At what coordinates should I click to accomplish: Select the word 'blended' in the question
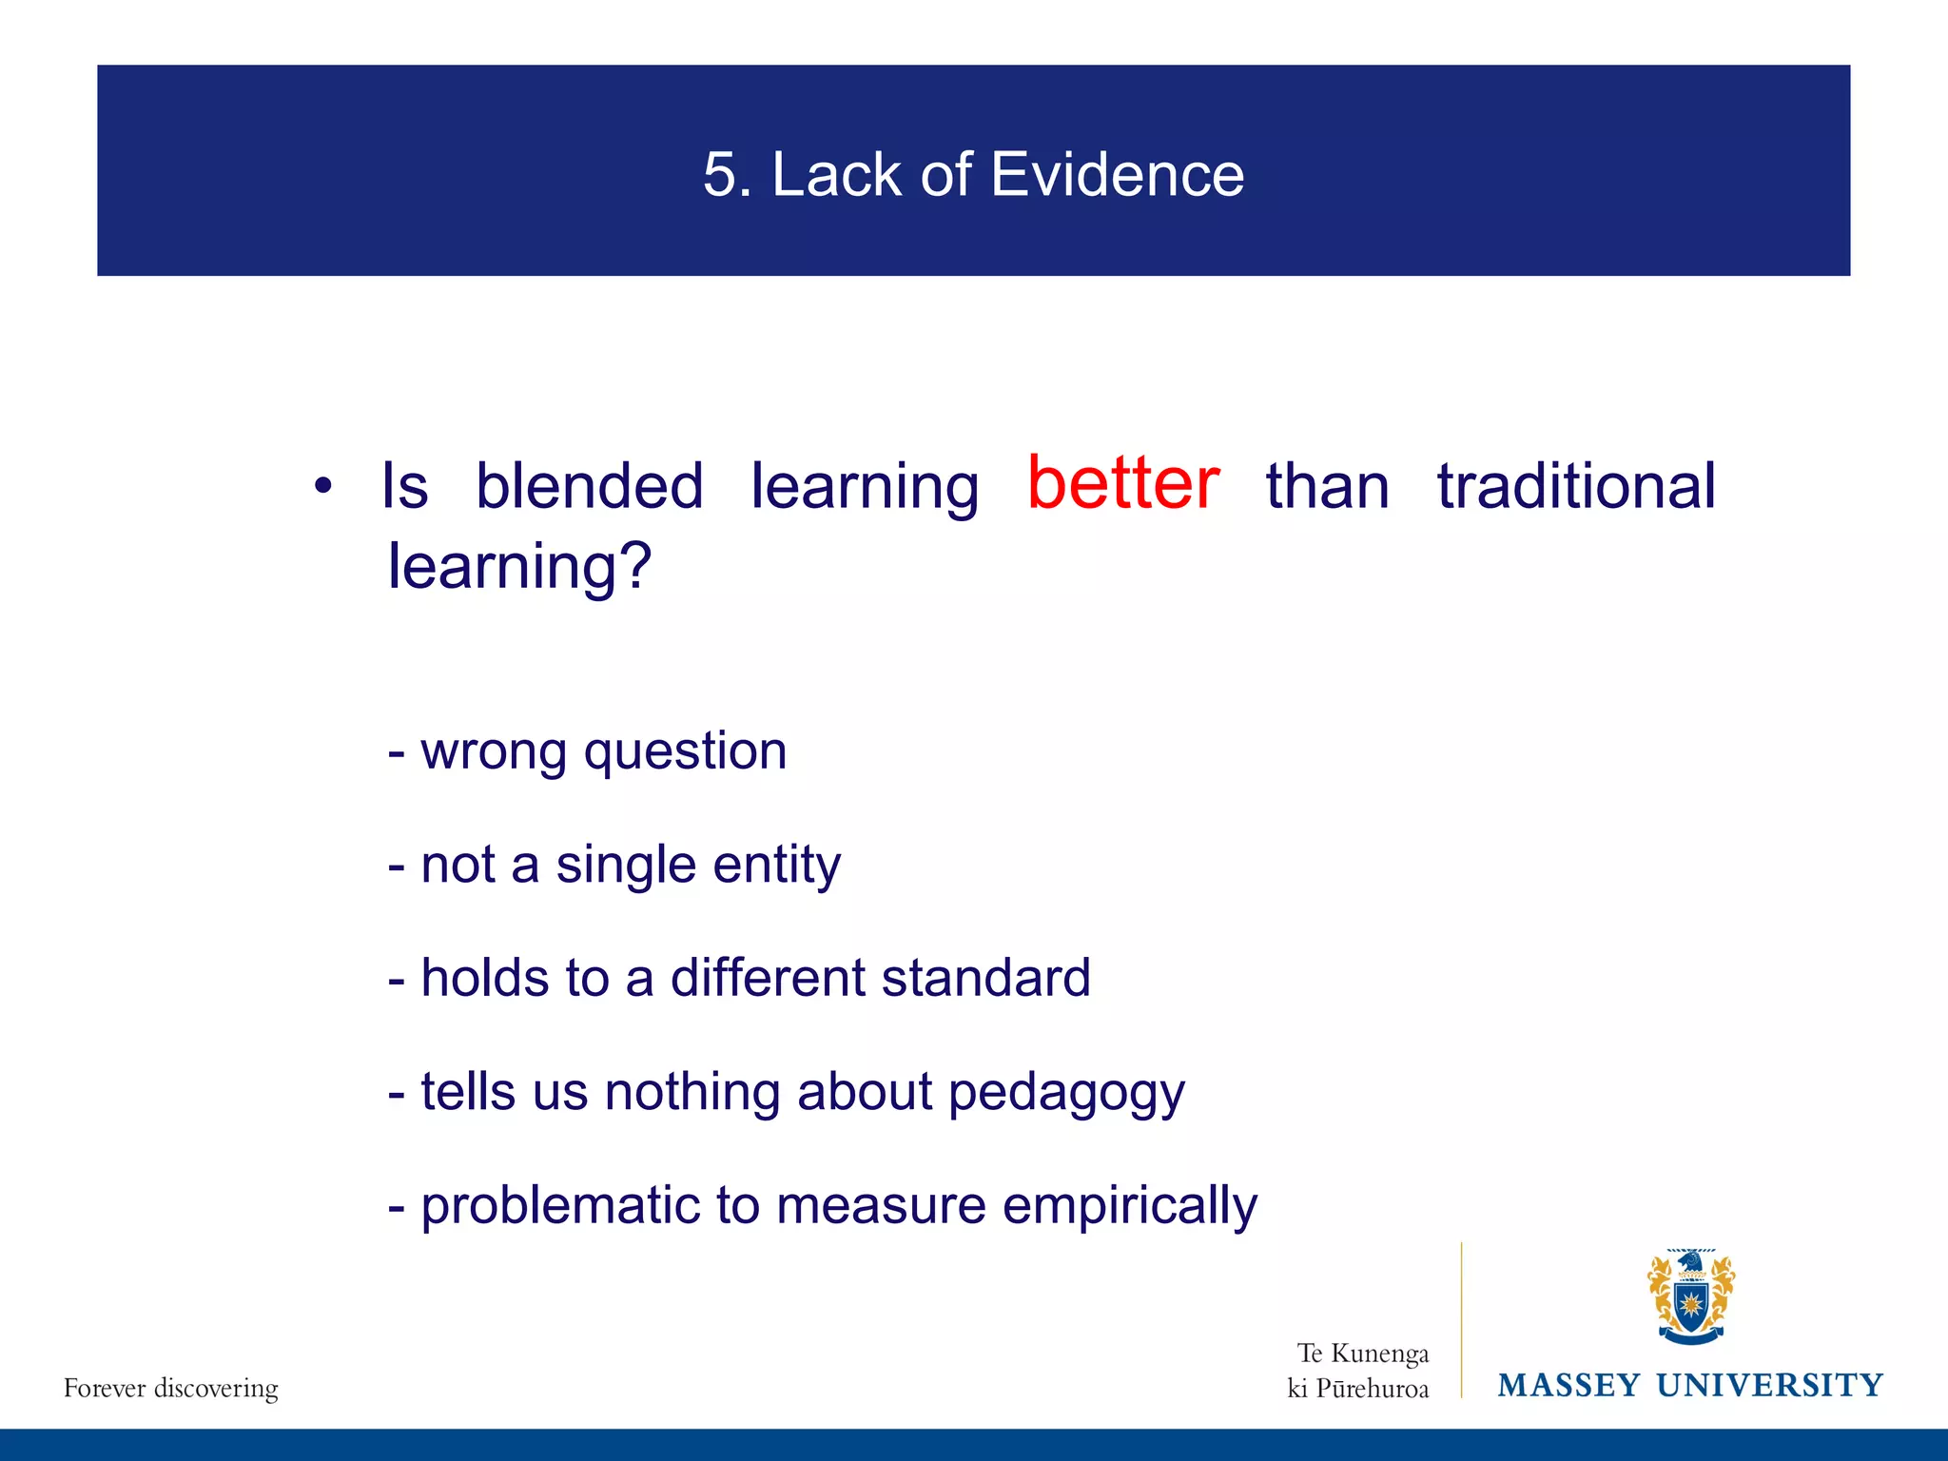[x=589, y=486]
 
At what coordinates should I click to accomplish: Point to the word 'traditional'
[x=1576, y=486]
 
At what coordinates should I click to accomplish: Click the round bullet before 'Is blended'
[x=323, y=486]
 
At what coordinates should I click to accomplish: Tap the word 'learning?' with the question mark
[x=519, y=566]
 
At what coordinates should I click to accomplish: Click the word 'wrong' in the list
[x=494, y=751]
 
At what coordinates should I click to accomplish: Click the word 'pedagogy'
[x=1066, y=1092]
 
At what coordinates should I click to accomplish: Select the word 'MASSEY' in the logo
[x=1568, y=1386]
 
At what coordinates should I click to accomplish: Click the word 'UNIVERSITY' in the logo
[x=1769, y=1386]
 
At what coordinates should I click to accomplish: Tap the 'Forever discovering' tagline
[x=171, y=1389]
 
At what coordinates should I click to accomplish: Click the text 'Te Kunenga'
[x=1363, y=1353]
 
